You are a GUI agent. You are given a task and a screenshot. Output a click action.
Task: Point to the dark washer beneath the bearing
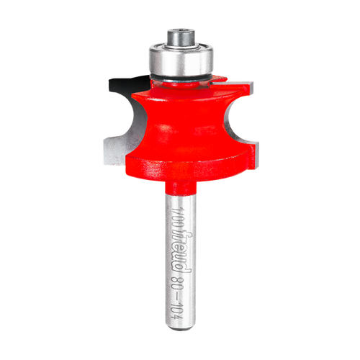(180, 76)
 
